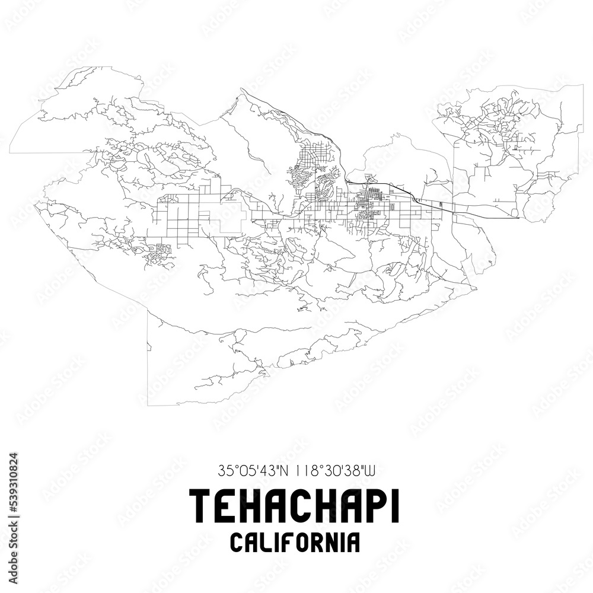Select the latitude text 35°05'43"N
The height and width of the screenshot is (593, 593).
coord(252,471)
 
